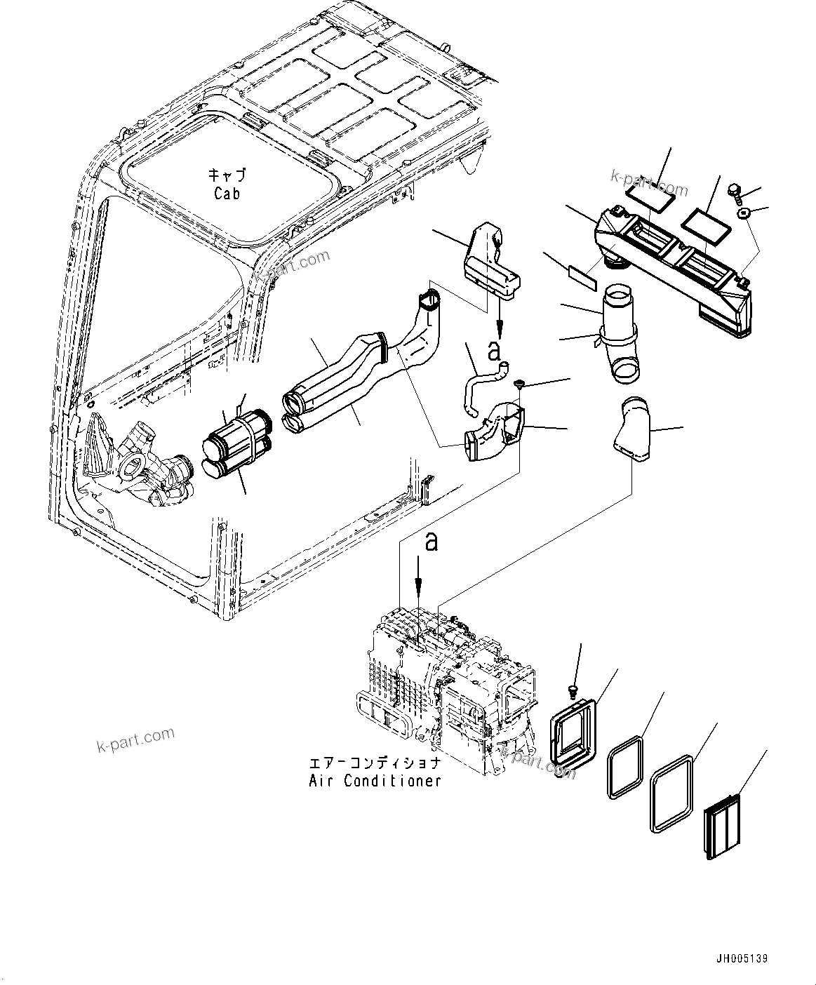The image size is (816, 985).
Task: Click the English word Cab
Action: pyautogui.click(x=227, y=194)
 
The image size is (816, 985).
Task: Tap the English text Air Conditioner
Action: pyautogui.click(x=375, y=780)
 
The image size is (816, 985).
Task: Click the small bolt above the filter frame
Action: pyautogui.click(x=574, y=691)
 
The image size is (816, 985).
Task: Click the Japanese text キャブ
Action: pyautogui.click(x=227, y=175)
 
